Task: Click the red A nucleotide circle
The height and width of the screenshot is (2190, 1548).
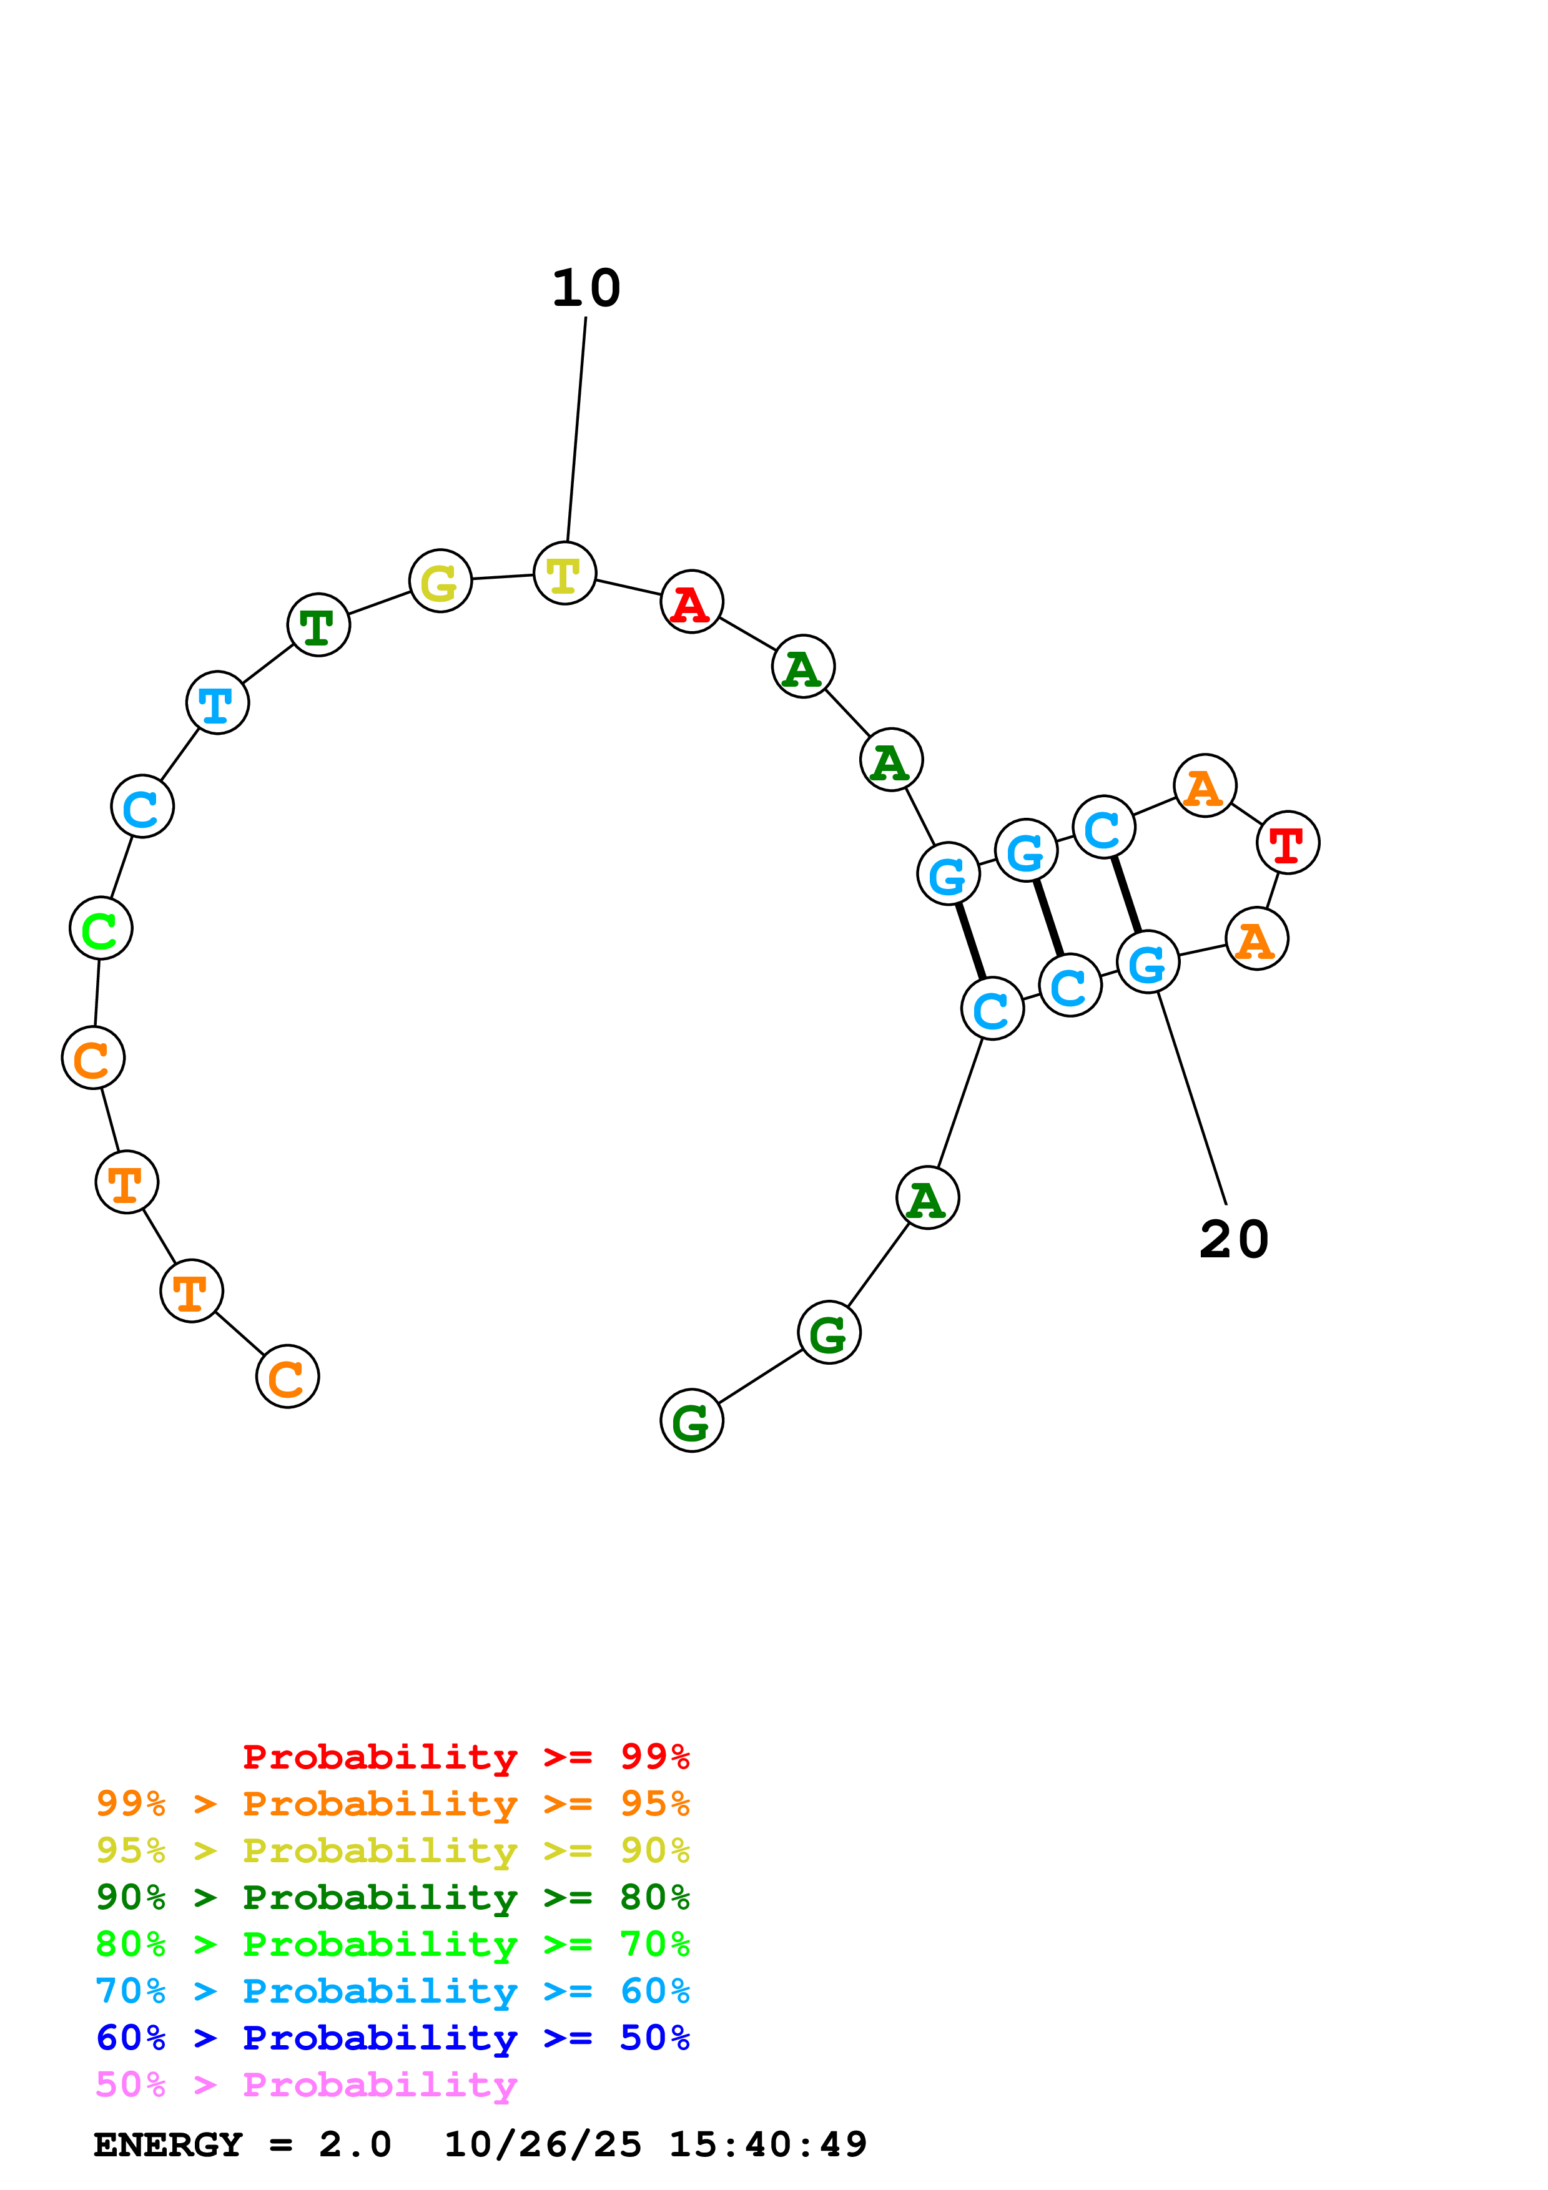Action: coord(691,602)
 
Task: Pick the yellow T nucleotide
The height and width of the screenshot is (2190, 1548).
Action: coord(564,573)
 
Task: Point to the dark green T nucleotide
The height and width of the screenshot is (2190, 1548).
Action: coord(318,625)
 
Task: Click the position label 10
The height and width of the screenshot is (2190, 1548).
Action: coord(586,288)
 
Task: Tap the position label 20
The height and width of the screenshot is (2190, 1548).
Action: coord(1233,1240)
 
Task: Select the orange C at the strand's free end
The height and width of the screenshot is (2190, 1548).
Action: coord(287,1377)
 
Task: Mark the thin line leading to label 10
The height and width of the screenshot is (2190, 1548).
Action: coord(576,430)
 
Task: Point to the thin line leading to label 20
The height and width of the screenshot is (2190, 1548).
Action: coord(1192,1097)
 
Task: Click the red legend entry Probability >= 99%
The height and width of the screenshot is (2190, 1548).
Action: coord(465,1757)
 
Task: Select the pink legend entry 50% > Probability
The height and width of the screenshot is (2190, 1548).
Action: coord(306,2085)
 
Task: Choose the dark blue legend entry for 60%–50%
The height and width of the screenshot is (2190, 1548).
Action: coord(392,2038)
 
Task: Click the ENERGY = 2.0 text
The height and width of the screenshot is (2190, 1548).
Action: coord(242,2145)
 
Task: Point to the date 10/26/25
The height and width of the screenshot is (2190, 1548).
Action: coord(543,2145)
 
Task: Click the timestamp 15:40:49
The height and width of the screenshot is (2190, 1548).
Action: coord(768,2145)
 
